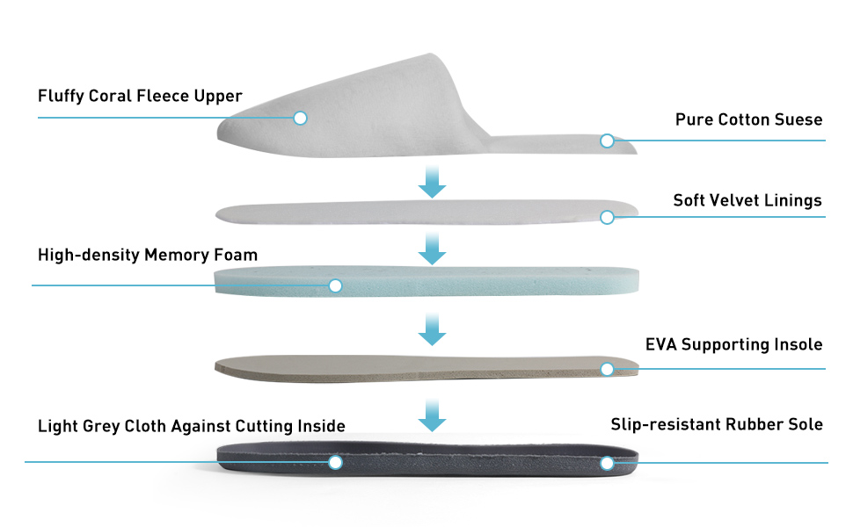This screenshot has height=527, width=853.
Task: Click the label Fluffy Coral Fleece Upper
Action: coord(140,96)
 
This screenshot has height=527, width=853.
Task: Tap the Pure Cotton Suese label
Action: coord(748,119)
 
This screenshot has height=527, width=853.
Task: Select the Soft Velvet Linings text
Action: coord(747,200)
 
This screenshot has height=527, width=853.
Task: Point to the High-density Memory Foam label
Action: coord(148,256)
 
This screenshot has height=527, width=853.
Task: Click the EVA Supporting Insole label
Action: coord(733,344)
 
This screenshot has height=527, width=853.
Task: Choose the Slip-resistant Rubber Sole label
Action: coord(717,425)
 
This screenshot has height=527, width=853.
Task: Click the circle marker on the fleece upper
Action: coord(300,118)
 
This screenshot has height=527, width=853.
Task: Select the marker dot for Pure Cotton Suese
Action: coord(607,141)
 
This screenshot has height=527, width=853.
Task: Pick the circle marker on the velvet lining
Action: coord(607,217)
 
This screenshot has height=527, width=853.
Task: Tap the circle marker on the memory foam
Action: coord(335,285)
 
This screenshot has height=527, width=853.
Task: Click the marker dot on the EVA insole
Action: coord(607,369)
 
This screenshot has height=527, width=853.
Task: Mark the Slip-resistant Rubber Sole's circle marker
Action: coord(607,463)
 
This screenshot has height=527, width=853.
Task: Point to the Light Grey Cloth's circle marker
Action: coord(335,462)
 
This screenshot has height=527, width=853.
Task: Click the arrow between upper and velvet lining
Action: coord(432,179)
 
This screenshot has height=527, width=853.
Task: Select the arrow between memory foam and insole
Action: coord(432,330)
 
